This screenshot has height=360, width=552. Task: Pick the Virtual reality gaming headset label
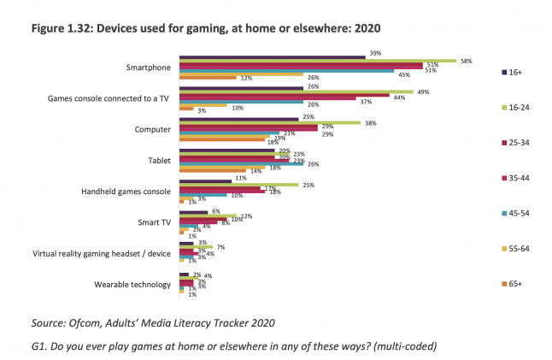[x=102, y=253]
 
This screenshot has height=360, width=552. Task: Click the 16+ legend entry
[x=514, y=73]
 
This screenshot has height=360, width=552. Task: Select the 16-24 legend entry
[x=517, y=109]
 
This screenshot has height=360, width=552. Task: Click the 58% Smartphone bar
[x=317, y=61]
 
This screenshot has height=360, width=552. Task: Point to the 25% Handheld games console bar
[x=238, y=185]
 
